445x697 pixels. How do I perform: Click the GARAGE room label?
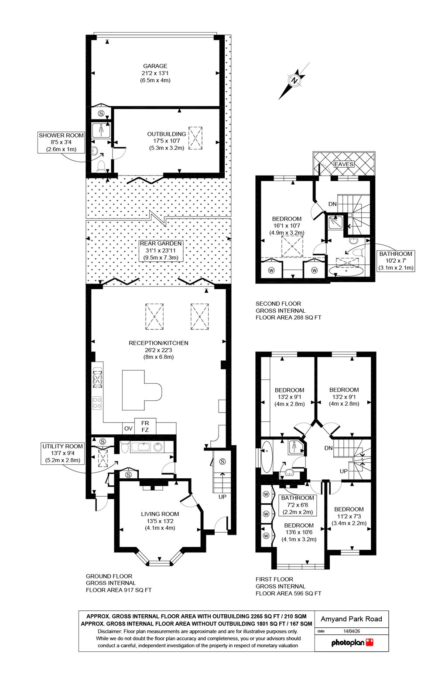(155, 66)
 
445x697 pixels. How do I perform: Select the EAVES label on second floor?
(344, 164)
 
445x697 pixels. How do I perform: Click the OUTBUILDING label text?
(166, 134)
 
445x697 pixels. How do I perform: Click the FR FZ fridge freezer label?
(145, 426)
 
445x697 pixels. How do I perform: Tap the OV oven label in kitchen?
(128, 429)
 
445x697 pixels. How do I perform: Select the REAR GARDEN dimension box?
(161, 250)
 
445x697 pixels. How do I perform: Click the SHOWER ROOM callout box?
(61, 142)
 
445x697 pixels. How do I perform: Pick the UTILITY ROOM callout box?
(63, 453)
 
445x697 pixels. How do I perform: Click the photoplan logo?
(352, 642)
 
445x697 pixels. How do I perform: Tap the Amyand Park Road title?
(352, 619)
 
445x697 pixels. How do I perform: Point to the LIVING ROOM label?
(160, 514)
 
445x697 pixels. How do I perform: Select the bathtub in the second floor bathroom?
(346, 271)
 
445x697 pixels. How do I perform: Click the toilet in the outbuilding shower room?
(101, 166)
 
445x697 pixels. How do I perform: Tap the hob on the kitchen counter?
(98, 403)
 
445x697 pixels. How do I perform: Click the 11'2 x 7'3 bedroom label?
(349, 516)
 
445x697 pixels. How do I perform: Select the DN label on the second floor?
(332, 204)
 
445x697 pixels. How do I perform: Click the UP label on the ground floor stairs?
(222, 497)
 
